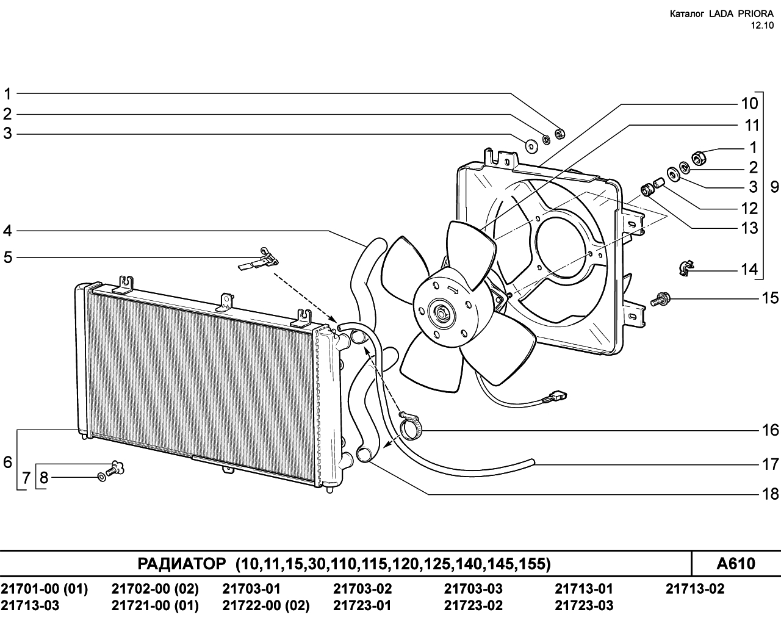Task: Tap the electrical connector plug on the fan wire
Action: pyautogui.click(x=556, y=395)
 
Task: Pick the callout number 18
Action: pyautogui.click(x=770, y=494)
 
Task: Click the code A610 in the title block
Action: pyautogui.click(x=736, y=563)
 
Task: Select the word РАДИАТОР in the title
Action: pyautogui.click(x=181, y=563)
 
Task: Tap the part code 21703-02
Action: pyautogui.click(x=362, y=588)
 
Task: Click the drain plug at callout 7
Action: pyautogui.click(x=116, y=467)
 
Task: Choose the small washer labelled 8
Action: pyautogui.click(x=103, y=477)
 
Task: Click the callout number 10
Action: pyautogui.click(x=749, y=104)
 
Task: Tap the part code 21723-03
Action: pyautogui.click(x=584, y=605)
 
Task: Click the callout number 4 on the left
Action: pyautogui.click(x=7, y=231)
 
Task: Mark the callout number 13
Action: pyautogui.click(x=749, y=228)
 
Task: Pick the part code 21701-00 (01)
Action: pyautogui.click(x=45, y=588)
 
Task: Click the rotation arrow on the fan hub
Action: pyautogui.click(x=453, y=289)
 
